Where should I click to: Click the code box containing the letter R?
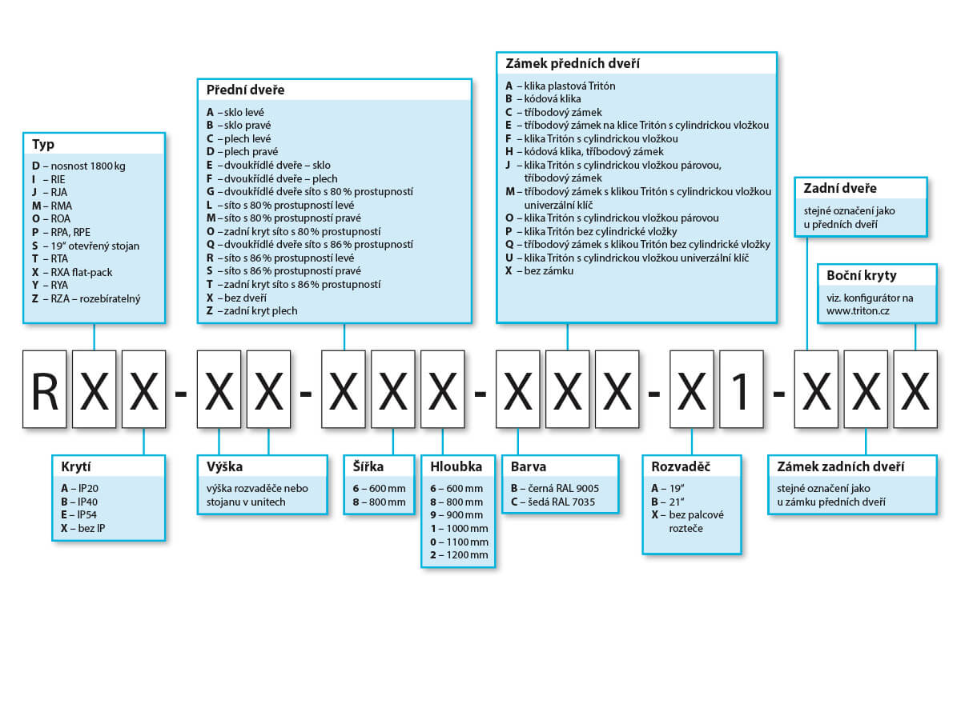[x=45, y=389]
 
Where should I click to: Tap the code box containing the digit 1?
[x=742, y=389]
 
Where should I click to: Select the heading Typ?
[x=43, y=144]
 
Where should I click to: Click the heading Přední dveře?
[x=245, y=90]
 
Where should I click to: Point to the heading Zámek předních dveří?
[x=573, y=63]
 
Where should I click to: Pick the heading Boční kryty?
[x=861, y=275]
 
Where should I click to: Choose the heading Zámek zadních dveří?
[x=840, y=466]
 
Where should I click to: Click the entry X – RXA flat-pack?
[x=72, y=272]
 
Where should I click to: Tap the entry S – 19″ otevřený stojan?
[x=86, y=246]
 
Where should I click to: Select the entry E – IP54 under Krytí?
[x=78, y=514]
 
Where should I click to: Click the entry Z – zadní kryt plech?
[x=251, y=311]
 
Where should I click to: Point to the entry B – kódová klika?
[x=543, y=98]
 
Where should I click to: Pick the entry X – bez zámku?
[x=539, y=270]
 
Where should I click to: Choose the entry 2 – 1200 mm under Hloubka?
[x=459, y=554]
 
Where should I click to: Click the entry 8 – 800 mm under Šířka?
[x=379, y=502]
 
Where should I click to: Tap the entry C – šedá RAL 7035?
[x=553, y=502]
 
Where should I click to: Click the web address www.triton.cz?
[x=858, y=311]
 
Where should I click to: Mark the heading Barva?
[x=529, y=466]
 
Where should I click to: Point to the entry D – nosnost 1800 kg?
[x=78, y=166]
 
